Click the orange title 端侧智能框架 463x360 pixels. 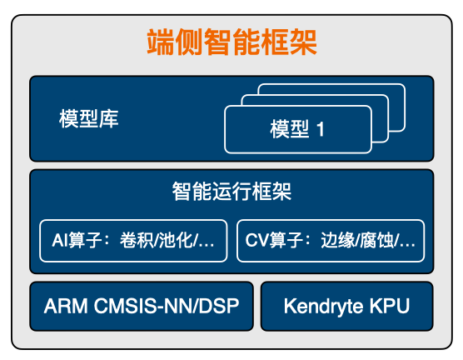pyautogui.click(x=231, y=42)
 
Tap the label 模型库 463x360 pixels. pyautogui.click(x=88, y=119)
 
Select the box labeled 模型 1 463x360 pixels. pyautogui.click(x=297, y=129)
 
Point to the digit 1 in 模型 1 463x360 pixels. pyautogui.click(x=321, y=129)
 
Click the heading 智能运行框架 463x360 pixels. pyautogui.click(x=231, y=192)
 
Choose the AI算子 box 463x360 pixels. pyautogui.click(x=133, y=241)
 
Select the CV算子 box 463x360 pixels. pyautogui.click(x=331, y=241)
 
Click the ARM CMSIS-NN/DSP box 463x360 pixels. pyautogui.click(x=142, y=306)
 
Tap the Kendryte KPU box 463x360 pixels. pyautogui.click(x=347, y=306)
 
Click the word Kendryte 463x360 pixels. pyautogui.click(x=323, y=307)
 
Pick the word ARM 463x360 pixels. pyautogui.click(x=66, y=306)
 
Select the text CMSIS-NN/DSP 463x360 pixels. pyautogui.click(x=167, y=306)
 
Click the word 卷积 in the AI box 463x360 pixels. pyautogui.click(x=137, y=240)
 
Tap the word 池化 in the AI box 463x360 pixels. pyautogui.click(x=176, y=240)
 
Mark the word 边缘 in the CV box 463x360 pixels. pyautogui.click(x=338, y=240)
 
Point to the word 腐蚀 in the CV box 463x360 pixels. pyautogui.click(x=376, y=240)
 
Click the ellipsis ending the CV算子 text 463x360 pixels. pyautogui.click(x=407, y=245)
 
